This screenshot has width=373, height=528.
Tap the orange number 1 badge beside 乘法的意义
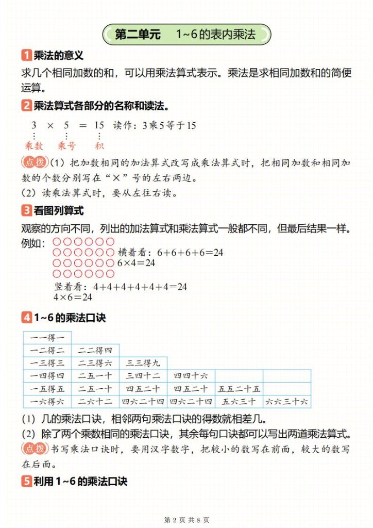(x=26, y=56)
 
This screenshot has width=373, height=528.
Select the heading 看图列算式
(x=59, y=210)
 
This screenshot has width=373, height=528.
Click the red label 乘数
(x=34, y=146)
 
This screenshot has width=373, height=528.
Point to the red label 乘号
(x=66, y=146)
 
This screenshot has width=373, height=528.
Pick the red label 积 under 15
(x=99, y=146)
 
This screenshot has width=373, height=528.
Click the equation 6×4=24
(x=136, y=262)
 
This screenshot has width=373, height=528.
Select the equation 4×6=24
(x=73, y=297)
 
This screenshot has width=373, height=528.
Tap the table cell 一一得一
(x=47, y=338)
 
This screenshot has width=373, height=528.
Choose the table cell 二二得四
(x=95, y=351)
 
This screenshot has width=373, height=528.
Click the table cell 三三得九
(x=142, y=363)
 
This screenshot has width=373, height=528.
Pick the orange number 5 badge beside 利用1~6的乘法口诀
(x=26, y=482)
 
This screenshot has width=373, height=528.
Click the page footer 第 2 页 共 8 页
(x=186, y=519)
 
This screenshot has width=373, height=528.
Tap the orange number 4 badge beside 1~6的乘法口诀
(x=26, y=318)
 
